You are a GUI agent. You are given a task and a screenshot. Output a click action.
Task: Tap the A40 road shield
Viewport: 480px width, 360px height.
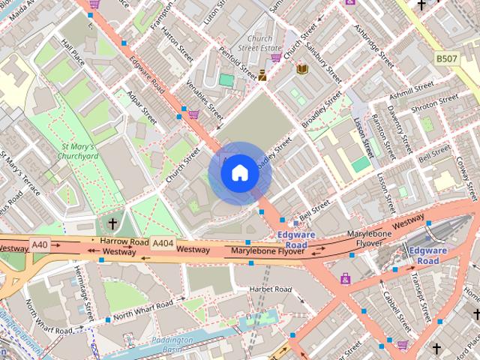click(x=40, y=244)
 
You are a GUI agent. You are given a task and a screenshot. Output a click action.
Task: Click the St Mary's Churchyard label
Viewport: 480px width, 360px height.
click(x=81, y=151)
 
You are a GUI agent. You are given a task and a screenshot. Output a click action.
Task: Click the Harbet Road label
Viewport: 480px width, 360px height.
click(x=271, y=289)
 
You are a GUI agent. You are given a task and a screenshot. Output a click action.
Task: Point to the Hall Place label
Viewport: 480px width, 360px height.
click(x=76, y=52)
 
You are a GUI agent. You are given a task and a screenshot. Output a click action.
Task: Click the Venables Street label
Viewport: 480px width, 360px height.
click(x=205, y=100)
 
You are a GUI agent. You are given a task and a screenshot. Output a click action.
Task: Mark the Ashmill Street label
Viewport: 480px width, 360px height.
click(x=411, y=91)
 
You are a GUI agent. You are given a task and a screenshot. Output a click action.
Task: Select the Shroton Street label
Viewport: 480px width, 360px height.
click(x=435, y=103)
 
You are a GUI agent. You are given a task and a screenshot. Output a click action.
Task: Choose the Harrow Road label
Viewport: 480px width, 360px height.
click(x=124, y=241)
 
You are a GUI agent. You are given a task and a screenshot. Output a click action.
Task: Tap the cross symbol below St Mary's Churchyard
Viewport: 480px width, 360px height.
click(x=112, y=223)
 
